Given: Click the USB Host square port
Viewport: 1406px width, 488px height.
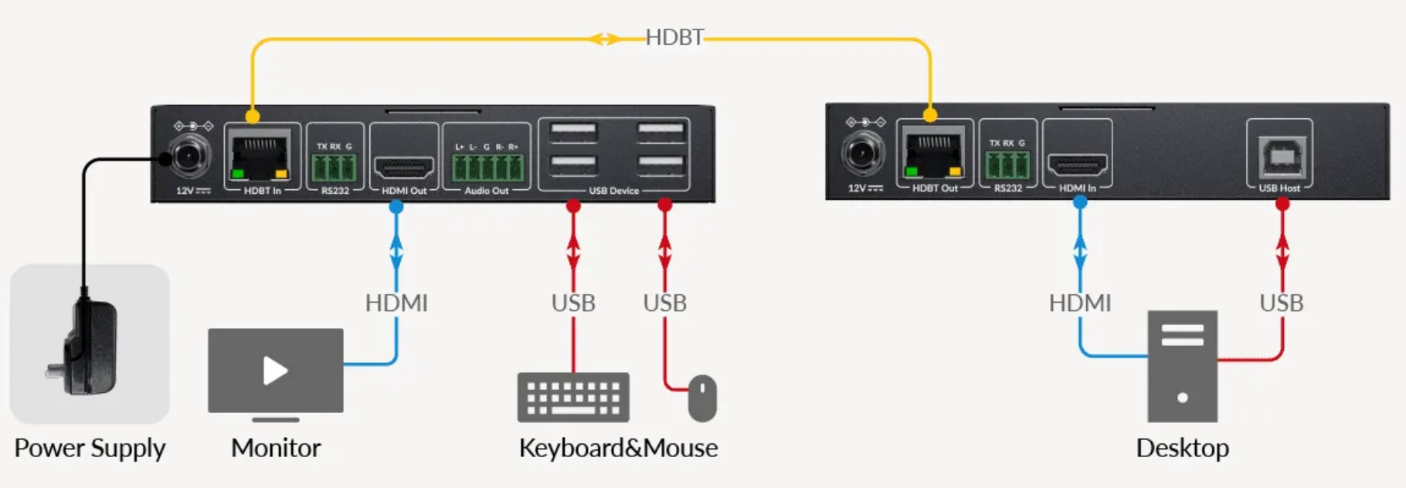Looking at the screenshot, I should [x=1279, y=155].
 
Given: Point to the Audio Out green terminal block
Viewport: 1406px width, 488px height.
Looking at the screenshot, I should [x=487, y=167].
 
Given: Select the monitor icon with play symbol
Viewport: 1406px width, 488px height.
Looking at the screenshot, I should [x=276, y=371].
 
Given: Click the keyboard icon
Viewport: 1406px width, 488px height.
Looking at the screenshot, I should [x=573, y=398].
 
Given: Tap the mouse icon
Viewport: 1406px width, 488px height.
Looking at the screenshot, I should [x=702, y=398].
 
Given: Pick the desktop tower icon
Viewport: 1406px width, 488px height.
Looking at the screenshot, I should [x=1182, y=367].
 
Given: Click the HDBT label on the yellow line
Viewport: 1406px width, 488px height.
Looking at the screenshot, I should [x=674, y=38].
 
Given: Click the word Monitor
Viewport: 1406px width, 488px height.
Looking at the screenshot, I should [x=276, y=448].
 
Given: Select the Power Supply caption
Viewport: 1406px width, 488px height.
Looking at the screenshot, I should [x=90, y=448].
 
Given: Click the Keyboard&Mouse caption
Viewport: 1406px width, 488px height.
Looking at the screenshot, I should [x=618, y=448].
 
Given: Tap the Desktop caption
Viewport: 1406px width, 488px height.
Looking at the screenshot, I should [x=1182, y=448].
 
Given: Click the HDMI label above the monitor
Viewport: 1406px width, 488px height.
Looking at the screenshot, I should [x=396, y=303].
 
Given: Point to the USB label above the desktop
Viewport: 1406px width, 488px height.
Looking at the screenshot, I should [x=1281, y=303].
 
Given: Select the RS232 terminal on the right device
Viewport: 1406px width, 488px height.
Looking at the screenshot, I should [x=1007, y=164].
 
